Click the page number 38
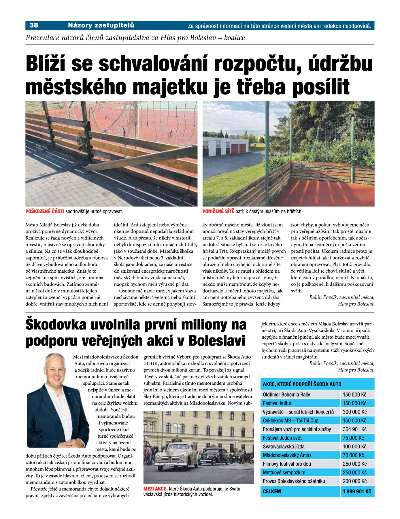[x=34, y=25]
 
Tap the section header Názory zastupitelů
[x=101, y=25]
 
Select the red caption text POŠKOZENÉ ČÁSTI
[x=45, y=212]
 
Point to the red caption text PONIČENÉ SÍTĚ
[x=218, y=212]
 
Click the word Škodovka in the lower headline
[x=56, y=324]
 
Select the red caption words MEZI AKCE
[x=155, y=489]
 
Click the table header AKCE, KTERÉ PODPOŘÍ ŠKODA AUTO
[x=302, y=384]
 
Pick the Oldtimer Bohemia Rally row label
[x=286, y=395]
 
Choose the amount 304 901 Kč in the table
[x=354, y=429]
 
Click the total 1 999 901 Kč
[x=357, y=491]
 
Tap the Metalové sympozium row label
[x=284, y=472]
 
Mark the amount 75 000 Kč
[x=353, y=438]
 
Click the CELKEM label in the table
[x=272, y=491]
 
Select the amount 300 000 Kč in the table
[x=354, y=412]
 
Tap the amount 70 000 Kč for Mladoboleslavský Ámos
[x=353, y=455]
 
